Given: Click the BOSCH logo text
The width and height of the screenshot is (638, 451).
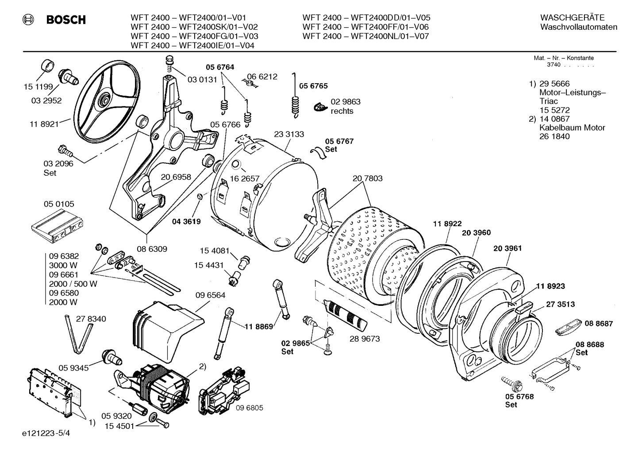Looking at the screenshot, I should coord(65,19).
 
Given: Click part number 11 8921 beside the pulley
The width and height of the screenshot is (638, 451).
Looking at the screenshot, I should coord(44,124).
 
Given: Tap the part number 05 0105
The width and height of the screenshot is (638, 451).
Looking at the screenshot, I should coord(59,204).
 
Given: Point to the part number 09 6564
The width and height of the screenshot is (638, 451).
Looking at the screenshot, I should coord(210,295).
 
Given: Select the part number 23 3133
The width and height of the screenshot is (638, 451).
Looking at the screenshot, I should coord(289,134).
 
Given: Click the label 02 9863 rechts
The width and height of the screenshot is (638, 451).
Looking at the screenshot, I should coord(345,106).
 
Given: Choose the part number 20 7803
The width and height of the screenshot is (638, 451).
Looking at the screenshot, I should coord(367,178).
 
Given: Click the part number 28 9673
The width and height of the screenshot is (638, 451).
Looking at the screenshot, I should coord(365,339).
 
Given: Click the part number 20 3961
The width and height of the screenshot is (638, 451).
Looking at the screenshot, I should coord(507,248).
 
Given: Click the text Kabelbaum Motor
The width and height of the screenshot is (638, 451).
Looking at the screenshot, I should coord(572,127).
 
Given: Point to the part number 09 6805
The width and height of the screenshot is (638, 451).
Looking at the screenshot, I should coord(249,408).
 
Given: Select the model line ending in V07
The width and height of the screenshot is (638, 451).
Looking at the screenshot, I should coord(365,36).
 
